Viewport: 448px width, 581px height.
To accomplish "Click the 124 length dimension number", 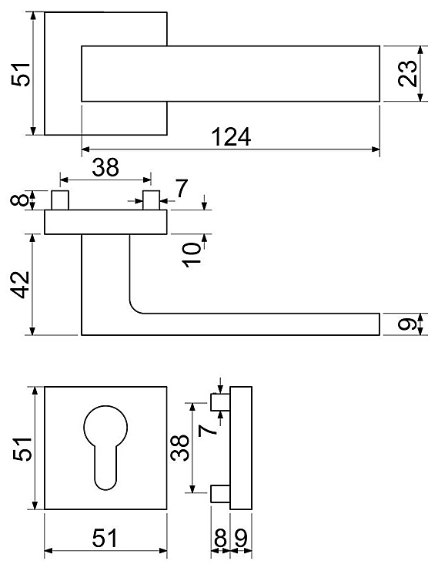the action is pyautogui.click(x=231, y=136).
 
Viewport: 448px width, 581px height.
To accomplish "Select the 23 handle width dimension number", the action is pyautogui.click(x=408, y=73).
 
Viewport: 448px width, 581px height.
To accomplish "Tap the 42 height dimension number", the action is pyautogui.click(x=19, y=284).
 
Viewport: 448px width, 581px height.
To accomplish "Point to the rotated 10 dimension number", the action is pyautogui.click(x=191, y=254).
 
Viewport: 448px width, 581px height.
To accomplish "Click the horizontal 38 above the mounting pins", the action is pyautogui.click(x=105, y=167).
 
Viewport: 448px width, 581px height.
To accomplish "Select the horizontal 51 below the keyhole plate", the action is pyautogui.click(x=105, y=538).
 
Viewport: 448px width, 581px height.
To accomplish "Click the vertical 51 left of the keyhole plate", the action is pyautogui.click(x=22, y=448).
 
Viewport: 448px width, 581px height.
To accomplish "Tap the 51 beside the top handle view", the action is pyautogui.click(x=21, y=75).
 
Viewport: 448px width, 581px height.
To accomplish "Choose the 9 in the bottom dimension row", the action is pyautogui.click(x=241, y=538).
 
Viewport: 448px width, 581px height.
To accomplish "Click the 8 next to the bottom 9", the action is pyautogui.click(x=220, y=538).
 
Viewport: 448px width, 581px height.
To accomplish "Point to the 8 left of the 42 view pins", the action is pyautogui.click(x=19, y=200).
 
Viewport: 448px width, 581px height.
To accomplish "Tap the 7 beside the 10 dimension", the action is pyautogui.click(x=182, y=189).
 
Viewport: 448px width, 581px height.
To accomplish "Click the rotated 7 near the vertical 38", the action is pyautogui.click(x=207, y=430).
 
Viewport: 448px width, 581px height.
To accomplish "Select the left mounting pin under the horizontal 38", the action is pyautogui.click(x=60, y=200).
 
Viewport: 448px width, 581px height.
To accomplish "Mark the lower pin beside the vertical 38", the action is pyautogui.click(x=221, y=494).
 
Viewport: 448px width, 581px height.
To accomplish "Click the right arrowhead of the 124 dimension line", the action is pyautogui.click(x=376, y=149).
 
